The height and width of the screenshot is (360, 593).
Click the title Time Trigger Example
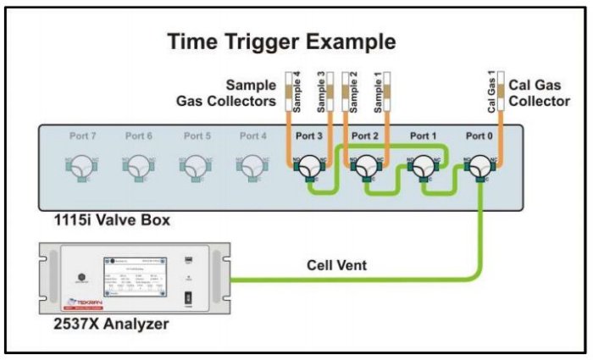(x=282, y=42)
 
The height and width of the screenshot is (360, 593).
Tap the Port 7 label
(x=81, y=136)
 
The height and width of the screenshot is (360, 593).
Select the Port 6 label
(x=138, y=136)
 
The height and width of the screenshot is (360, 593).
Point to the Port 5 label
(x=196, y=136)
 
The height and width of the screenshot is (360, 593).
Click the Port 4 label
(x=252, y=136)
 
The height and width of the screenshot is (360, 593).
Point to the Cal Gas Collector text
(x=540, y=94)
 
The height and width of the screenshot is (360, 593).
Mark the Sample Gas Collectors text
(x=229, y=94)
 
